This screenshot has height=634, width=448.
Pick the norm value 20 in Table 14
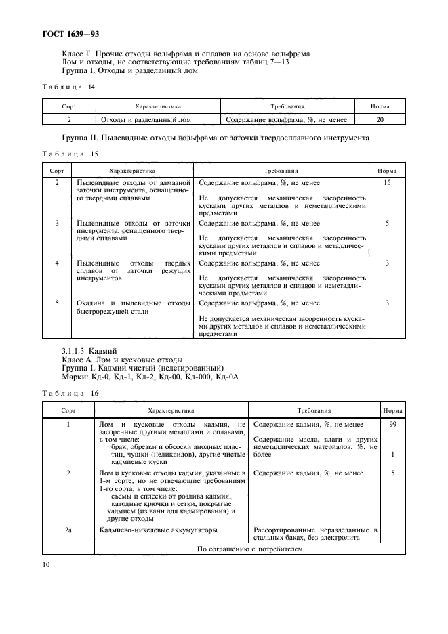pyautogui.click(x=380, y=119)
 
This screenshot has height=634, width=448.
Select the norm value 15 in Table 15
pyautogui.click(x=387, y=184)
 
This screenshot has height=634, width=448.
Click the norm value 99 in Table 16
pyautogui.click(x=393, y=424)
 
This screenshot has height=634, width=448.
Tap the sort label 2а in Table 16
pyautogui.click(x=68, y=530)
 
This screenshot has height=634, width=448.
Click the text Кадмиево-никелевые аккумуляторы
pyautogui.click(x=159, y=530)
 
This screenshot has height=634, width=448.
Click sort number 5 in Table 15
pyautogui.click(x=57, y=303)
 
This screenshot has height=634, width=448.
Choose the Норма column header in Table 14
pyautogui.click(x=380, y=106)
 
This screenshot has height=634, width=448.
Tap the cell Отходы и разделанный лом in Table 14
pyautogui.click(x=146, y=119)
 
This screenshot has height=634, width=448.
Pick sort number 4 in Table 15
pyautogui.click(x=57, y=263)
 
